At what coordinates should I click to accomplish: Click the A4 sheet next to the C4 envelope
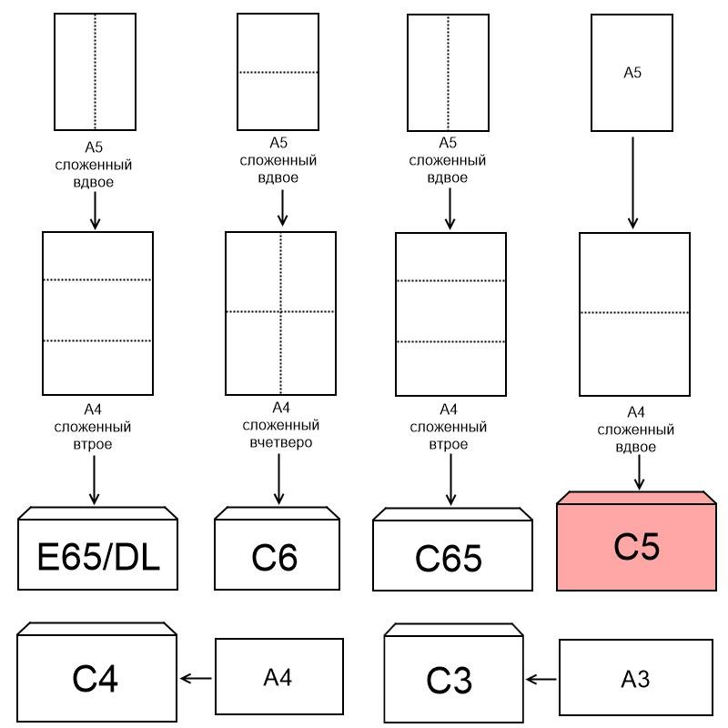278,676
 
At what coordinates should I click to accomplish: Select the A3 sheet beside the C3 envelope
635,678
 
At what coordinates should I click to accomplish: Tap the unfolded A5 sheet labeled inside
632,73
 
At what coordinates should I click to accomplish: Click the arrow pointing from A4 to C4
196,678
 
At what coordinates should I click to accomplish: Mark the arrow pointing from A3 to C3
541,679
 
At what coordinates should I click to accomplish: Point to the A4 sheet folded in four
280,311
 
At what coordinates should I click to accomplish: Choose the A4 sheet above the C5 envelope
634,314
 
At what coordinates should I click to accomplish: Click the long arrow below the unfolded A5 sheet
633,182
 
